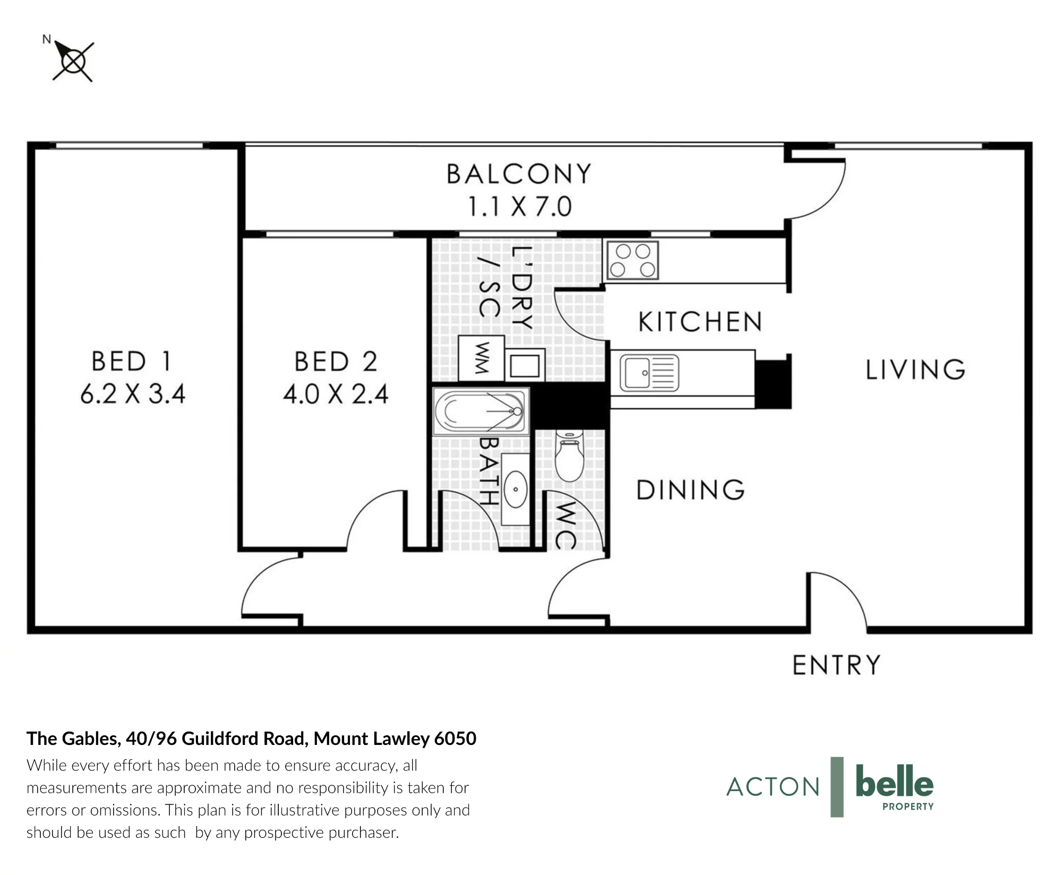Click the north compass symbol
pyautogui.click(x=73, y=61)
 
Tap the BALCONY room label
pyautogui.click(x=519, y=174)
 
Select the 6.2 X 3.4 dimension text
pyautogui.click(x=133, y=394)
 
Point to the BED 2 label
pyautogui.click(x=336, y=362)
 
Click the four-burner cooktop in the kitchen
pyautogui.click(x=632, y=260)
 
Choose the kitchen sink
pyautogui.click(x=649, y=373)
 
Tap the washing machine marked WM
pyautogui.click(x=481, y=358)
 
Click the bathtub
pyautogui.click(x=481, y=411)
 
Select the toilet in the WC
pyautogui.click(x=569, y=456)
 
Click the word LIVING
pyautogui.click(x=915, y=370)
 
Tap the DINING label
pyautogui.click(x=690, y=490)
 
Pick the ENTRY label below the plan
pyautogui.click(x=836, y=665)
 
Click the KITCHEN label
pyautogui.click(x=700, y=322)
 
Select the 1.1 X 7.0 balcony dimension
pyautogui.click(x=519, y=207)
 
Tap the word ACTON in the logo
pyautogui.click(x=773, y=787)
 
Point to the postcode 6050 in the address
pyautogui.click(x=455, y=739)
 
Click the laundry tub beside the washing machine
pyautogui.click(x=525, y=365)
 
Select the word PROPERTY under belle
pyautogui.click(x=908, y=807)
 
